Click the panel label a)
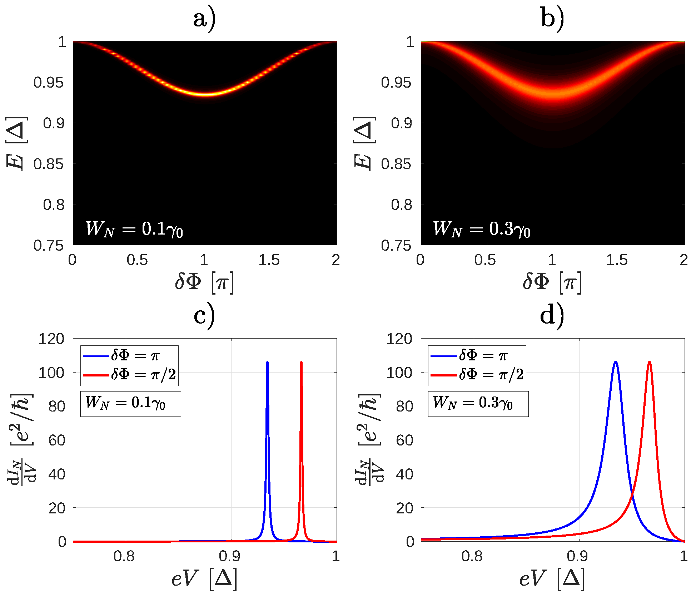point(204,19)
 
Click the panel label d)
point(552,316)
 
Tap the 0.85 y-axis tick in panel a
point(49,164)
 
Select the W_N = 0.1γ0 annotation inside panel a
point(134,229)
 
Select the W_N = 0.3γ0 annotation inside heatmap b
point(482,229)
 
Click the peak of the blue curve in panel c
point(267,362)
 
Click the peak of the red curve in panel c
point(301,362)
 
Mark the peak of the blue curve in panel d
point(615,362)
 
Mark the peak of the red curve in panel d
point(649,362)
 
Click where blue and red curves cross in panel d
point(633,495)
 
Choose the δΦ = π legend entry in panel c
point(135,356)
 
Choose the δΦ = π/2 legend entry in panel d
point(491,375)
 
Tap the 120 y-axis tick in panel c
point(51,339)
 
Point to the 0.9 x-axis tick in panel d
point(578,556)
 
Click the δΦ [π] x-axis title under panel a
point(204,282)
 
